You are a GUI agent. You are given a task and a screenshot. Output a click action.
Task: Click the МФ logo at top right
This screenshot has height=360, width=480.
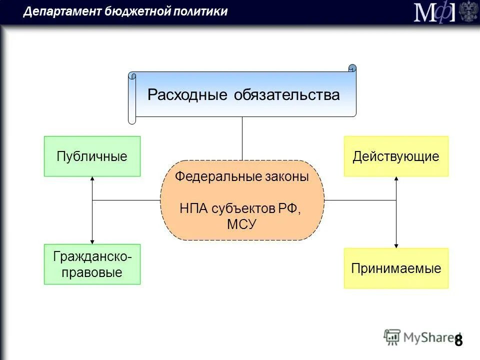(434, 12)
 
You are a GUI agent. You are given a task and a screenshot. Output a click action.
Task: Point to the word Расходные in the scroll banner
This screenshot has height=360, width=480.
(187, 95)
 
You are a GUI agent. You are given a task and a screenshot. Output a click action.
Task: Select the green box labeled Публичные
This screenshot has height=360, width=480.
(92, 156)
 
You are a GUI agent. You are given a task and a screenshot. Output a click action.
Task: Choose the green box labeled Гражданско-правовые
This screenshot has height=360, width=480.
(92, 264)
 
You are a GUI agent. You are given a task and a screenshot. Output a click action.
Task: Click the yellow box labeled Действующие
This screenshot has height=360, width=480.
(396, 156)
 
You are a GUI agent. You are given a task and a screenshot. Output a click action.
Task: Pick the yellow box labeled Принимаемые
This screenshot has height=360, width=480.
(396, 268)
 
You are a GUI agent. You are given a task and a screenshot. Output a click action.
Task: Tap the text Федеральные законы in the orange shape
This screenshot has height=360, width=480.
(242, 177)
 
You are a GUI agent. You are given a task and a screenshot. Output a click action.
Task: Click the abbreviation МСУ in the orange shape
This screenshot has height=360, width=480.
(242, 224)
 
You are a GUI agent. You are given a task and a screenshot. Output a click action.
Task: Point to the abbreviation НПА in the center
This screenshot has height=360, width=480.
(194, 208)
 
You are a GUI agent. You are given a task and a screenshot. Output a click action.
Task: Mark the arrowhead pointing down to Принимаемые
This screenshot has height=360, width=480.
(396, 245)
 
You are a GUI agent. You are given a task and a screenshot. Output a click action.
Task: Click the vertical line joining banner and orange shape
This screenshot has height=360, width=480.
(242, 138)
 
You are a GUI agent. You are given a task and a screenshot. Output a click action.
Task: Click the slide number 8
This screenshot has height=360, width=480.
(458, 340)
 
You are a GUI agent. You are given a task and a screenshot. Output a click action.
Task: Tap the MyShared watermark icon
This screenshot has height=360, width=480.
(392, 337)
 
